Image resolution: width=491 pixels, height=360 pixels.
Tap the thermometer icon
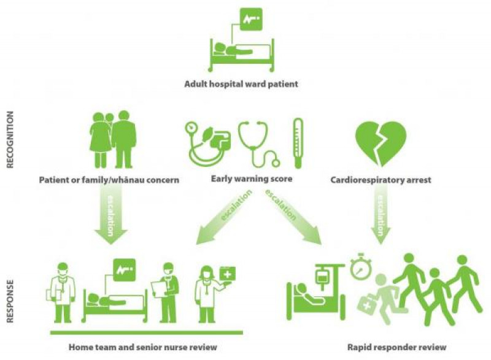coord(298,144)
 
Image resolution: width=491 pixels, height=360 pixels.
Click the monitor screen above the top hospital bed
coord(251,19)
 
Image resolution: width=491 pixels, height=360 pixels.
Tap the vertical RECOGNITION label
coord(10,139)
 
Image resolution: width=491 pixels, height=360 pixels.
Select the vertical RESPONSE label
coord(10,301)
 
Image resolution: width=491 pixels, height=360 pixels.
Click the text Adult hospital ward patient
coord(241,84)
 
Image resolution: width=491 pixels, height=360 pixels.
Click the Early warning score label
coord(252,179)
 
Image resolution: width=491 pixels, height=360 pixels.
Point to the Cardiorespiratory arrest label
coord(381,180)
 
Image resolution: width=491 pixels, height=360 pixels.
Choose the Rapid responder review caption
coord(396,347)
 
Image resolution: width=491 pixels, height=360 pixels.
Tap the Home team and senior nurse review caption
coord(143,347)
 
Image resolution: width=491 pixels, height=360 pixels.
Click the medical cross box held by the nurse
coord(228,275)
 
